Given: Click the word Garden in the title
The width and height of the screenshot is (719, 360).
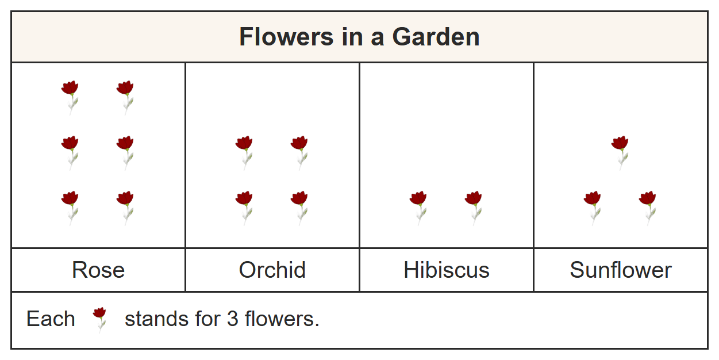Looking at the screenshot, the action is point(436,37).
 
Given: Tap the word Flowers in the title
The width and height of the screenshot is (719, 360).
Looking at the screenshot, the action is point(286,37).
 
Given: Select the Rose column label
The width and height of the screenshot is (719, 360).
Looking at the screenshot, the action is point(98,270).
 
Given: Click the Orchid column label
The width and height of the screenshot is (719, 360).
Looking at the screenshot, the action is point(272,270).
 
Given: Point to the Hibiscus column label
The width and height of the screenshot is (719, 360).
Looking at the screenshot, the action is point(447,270).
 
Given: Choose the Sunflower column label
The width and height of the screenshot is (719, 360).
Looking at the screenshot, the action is point(621,270).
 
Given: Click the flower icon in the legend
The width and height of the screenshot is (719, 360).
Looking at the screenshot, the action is point(99,320).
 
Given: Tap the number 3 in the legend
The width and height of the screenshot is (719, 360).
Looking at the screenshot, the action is point(232,319).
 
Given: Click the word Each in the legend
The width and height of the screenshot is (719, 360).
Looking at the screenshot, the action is point(51,319).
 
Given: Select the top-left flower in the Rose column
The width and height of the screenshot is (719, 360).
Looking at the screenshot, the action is point(70,97).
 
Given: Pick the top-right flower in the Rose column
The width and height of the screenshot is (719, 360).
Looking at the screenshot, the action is point(125,97).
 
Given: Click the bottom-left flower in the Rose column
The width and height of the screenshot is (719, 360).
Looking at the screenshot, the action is point(70,208).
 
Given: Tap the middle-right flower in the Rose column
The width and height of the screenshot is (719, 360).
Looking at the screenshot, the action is point(125,153).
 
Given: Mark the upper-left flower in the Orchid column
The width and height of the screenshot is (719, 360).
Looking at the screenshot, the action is point(244,153).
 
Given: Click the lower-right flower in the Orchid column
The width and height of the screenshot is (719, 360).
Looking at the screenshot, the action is point(299,208).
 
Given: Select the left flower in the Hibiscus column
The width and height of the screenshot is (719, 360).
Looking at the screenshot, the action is point(418,208).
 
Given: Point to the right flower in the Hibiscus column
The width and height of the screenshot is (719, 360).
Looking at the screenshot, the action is point(474,208).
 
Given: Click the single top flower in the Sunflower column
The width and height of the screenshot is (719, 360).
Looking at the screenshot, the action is point(620,153).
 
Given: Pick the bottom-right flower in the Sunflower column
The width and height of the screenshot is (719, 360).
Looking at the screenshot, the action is point(647,208).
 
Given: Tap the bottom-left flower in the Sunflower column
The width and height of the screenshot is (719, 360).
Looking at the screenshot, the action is point(593,208).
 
